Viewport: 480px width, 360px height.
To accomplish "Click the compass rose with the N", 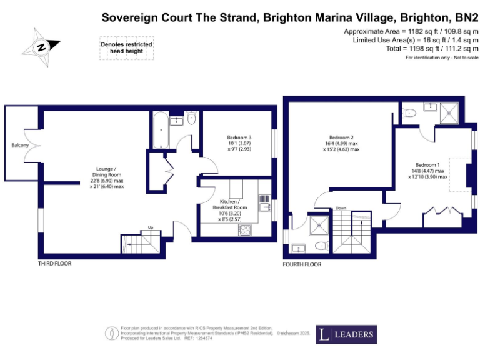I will click(x=41, y=46).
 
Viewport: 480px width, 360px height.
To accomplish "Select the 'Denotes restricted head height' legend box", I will click(x=127, y=48).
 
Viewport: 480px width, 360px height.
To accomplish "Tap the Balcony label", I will click(x=20, y=145).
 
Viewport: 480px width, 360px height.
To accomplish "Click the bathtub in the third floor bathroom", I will click(x=160, y=131).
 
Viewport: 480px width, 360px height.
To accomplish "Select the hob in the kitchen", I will click(x=244, y=230).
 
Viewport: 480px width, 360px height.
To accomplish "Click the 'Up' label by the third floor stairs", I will click(x=150, y=227).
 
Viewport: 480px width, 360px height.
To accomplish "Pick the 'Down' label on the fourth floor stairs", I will click(x=341, y=208).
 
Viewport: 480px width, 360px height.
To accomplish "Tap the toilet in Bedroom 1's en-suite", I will click(x=410, y=113).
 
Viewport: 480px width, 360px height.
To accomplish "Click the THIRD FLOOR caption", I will click(x=55, y=264).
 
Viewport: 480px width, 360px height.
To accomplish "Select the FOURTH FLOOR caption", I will click(x=302, y=264).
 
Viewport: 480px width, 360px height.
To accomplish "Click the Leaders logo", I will click(x=346, y=334).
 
